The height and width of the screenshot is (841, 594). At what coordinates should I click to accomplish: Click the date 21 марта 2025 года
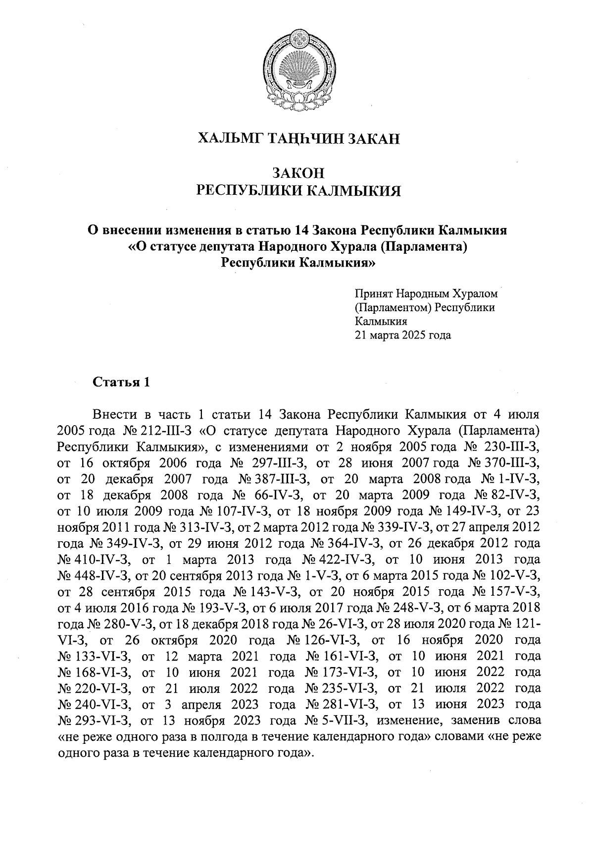point(402,335)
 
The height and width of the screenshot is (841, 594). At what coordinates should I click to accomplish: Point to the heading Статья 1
point(120,383)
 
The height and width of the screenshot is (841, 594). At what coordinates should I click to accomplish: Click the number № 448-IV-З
point(94,576)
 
